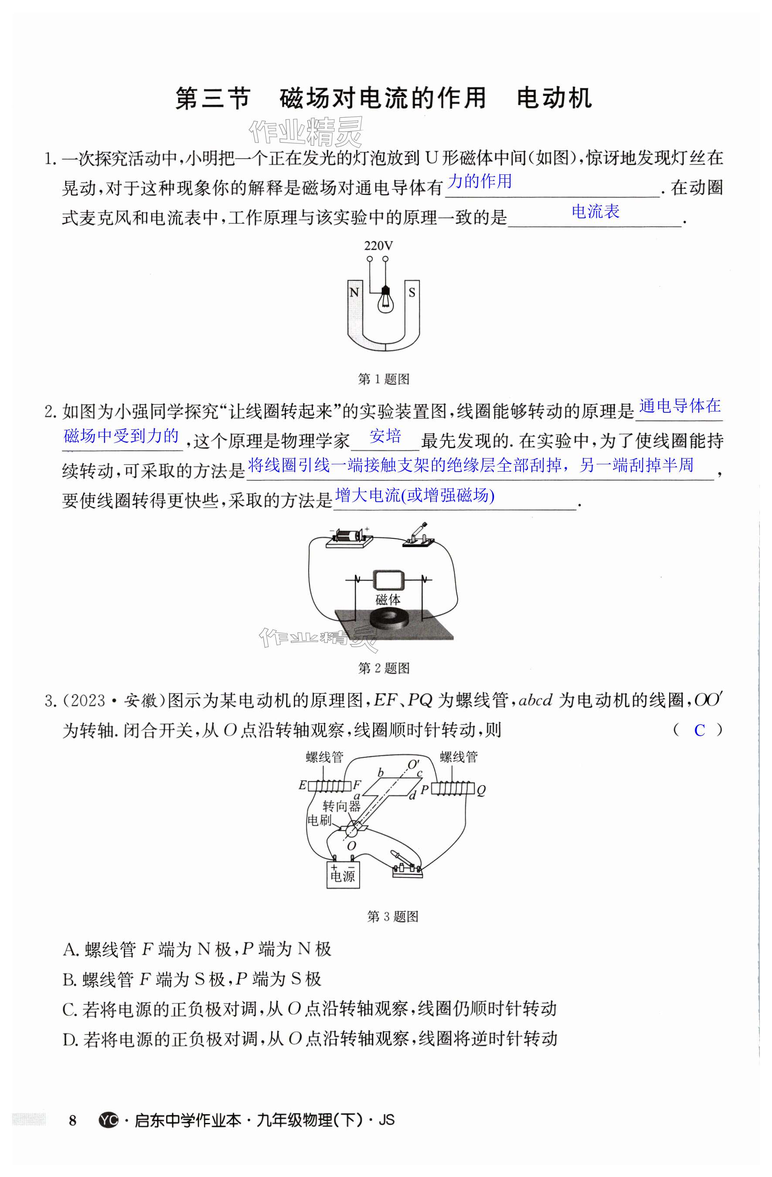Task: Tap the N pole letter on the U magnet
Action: [x=354, y=292]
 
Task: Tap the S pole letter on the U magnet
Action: [x=412, y=292]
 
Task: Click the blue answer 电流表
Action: [x=595, y=212]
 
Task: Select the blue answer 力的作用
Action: [x=479, y=181]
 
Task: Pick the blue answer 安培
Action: [x=385, y=436]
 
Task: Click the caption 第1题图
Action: [x=383, y=379]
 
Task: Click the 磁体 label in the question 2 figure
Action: [x=388, y=599]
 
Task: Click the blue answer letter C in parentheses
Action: [x=699, y=731]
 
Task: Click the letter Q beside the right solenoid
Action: [x=481, y=790]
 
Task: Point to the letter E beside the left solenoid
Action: [x=302, y=786]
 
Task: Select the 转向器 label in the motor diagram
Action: [x=341, y=806]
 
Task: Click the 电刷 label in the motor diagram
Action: [x=319, y=820]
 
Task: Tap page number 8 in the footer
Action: [x=73, y=1120]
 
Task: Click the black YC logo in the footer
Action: [x=108, y=1120]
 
